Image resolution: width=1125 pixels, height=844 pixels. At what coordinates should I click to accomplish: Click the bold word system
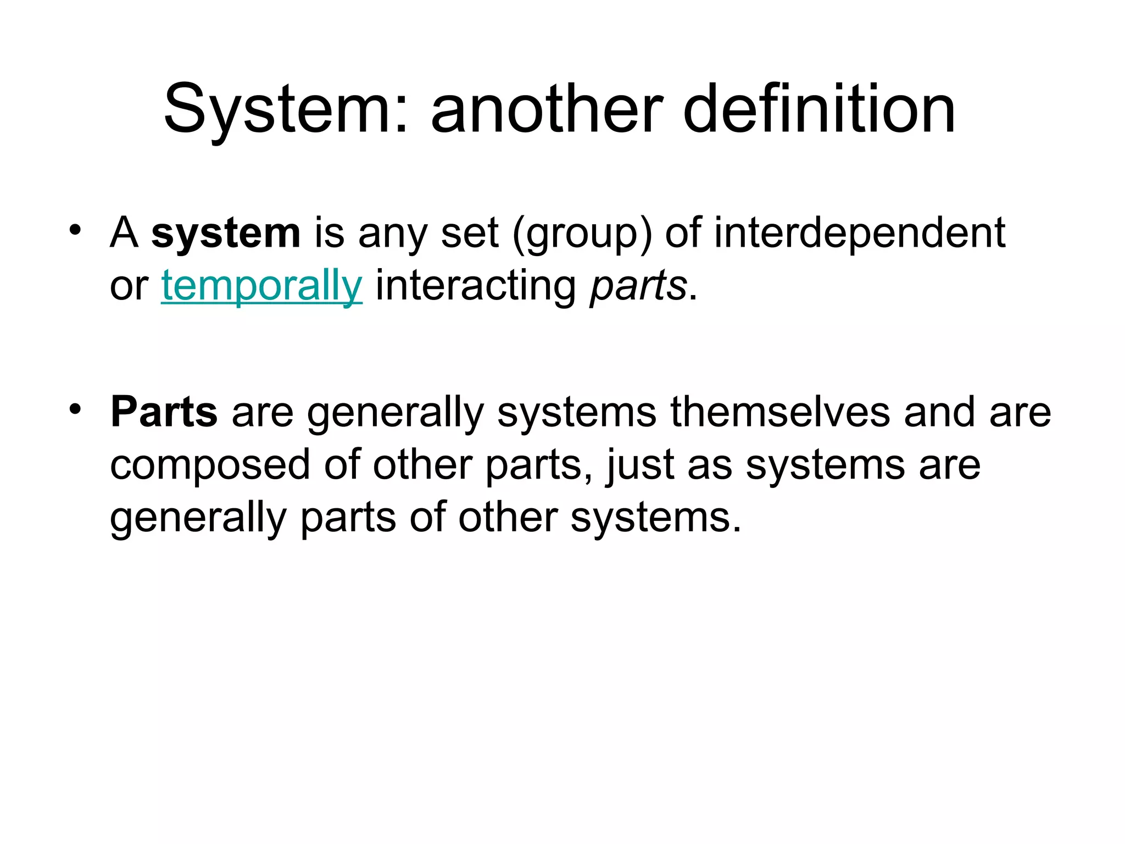226,234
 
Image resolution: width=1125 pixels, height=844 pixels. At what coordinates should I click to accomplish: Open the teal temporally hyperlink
261,286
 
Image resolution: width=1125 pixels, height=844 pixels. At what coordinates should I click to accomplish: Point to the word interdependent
860,233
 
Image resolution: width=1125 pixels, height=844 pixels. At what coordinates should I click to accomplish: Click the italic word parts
638,286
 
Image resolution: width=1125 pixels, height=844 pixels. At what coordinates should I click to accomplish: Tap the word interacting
476,286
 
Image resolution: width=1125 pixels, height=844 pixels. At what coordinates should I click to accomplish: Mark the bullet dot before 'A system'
75,229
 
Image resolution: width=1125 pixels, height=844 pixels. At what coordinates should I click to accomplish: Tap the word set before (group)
470,234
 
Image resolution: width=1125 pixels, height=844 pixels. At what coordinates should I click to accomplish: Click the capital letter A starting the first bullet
124,233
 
